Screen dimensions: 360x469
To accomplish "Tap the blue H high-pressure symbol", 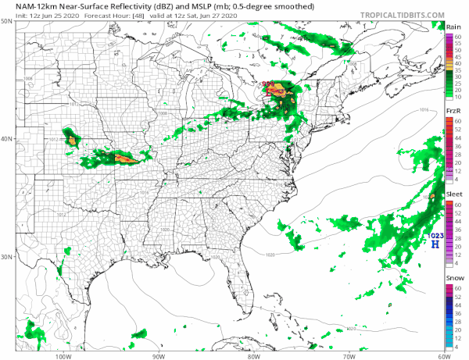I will coord(435,244).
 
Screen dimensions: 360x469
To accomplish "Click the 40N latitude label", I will coord(6,138).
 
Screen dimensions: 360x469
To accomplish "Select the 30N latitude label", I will coord(6,256).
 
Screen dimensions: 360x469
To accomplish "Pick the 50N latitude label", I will coord(6,20).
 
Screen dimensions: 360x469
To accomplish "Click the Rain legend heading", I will coord(453,27).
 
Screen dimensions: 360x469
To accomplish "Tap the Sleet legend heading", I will coord(453,193).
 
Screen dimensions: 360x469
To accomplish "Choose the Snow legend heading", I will coord(453,277).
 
